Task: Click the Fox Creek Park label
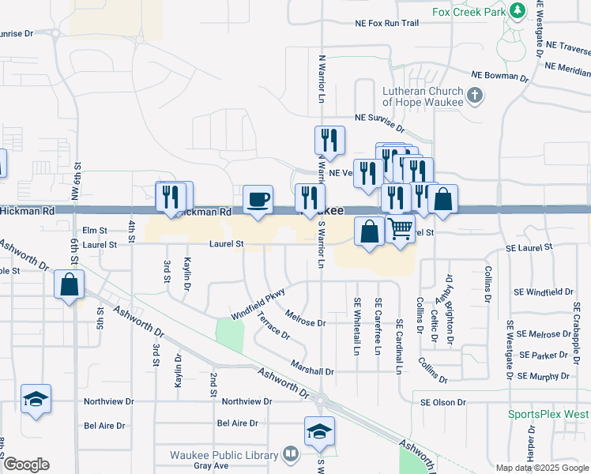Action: click(x=469, y=12)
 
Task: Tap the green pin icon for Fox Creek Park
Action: click(x=518, y=11)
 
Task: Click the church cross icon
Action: click(x=474, y=96)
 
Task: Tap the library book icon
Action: click(x=290, y=454)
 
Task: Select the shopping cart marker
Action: click(x=401, y=230)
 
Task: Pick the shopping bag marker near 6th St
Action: click(x=70, y=284)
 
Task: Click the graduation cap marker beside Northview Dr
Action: click(x=36, y=399)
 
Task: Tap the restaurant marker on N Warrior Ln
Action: click(x=329, y=141)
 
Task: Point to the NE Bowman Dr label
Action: click(x=499, y=76)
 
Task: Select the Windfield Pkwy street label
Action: click(x=258, y=304)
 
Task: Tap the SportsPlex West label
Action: click(x=548, y=414)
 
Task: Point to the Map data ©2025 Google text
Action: click(x=541, y=468)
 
